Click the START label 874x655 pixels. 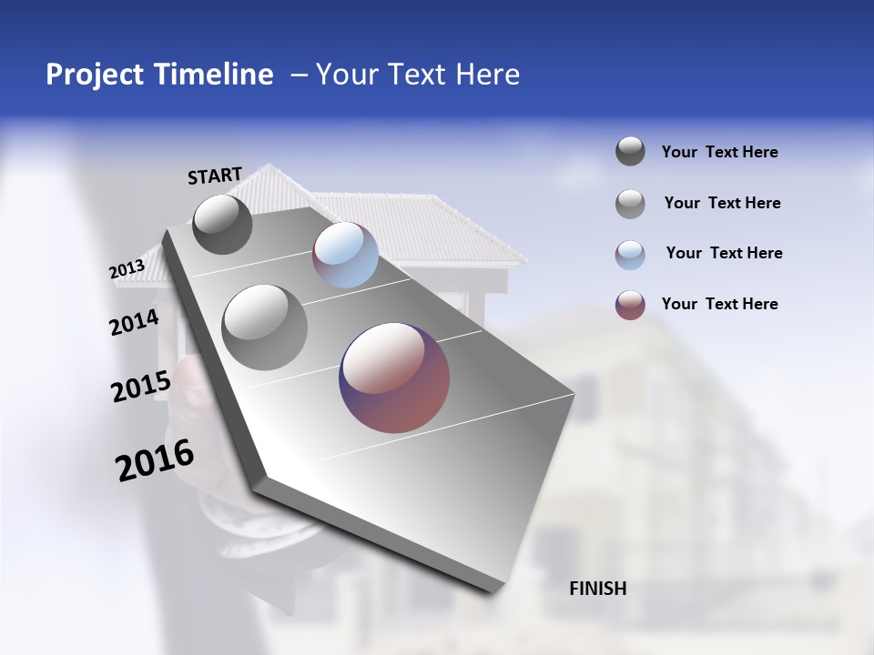[215, 176]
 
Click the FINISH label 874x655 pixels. [597, 589]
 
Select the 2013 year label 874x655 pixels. [127, 269]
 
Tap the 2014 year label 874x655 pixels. [134, 322]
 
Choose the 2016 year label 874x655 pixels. [155, 460]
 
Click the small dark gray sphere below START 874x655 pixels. [222, 224]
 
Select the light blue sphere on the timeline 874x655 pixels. [345, 255]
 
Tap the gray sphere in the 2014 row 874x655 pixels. [264, 327]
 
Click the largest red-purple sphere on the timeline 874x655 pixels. [394, 378]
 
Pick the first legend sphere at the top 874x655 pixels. [630, 151]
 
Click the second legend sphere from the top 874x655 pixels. [630, 204]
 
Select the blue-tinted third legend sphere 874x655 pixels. [630, 255]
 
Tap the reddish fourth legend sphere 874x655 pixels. [630, 305]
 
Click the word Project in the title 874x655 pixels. [95, 75]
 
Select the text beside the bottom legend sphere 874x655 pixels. [719, 304]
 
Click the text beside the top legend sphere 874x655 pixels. [719, 152]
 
